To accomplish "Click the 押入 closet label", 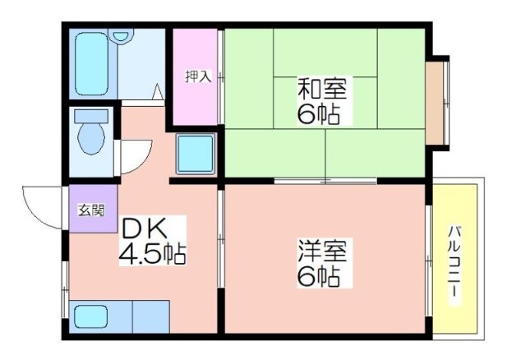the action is click(x=198, y=76).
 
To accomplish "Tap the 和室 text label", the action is click(x=322, y=89).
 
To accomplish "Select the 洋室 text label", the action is click(x=322, y=251).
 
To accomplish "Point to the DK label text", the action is click(x=145, y=228).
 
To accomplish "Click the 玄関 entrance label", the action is click(x=92, y=211).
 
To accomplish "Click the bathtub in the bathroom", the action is click(x=91, y=64).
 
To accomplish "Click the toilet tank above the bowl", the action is click(x=91, y=116).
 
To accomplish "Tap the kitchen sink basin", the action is click(x=91, y=316).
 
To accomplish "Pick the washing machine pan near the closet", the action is click(x=196, y=155).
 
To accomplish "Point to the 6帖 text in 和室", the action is click(x=319, y=114).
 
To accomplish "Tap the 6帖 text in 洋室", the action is click(x=319, y=276).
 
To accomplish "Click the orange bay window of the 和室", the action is click(x=435, y=103).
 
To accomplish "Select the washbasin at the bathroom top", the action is click(x=122, y=35).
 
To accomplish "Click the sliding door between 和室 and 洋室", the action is click(x=325, y=181).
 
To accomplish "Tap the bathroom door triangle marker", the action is click(x=158, y=91).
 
